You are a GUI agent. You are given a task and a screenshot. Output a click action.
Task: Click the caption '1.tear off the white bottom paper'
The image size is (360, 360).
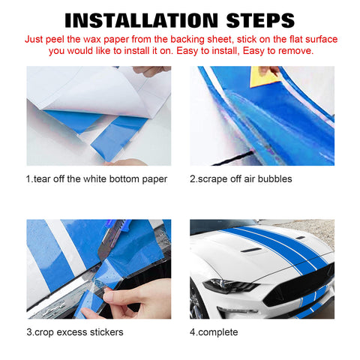97,179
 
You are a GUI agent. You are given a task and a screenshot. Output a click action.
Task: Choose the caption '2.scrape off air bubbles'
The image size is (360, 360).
241,179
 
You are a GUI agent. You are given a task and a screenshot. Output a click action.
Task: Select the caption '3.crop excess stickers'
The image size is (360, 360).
75,332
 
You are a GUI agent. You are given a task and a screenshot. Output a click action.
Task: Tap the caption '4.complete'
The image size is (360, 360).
214,332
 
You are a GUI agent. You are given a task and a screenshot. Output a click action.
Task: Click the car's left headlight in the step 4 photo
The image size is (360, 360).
226,286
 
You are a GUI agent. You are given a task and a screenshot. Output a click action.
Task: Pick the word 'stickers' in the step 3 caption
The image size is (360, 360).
104,332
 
